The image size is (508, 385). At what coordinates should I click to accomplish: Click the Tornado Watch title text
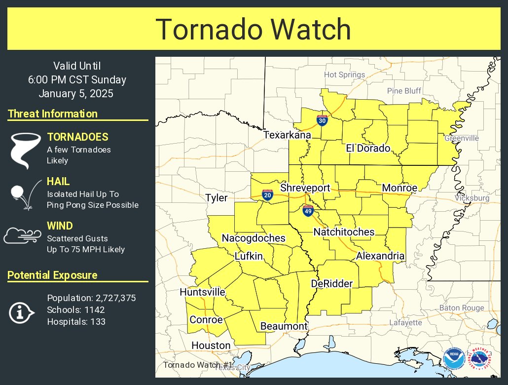click(x=254, y=29)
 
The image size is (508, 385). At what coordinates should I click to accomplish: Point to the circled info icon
click(x=21, y=312)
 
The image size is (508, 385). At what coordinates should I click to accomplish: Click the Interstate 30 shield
click(x=322, y=120)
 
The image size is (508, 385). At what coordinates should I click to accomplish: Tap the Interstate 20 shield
click(x=267, y=196)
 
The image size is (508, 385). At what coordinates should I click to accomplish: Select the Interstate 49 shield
click(x=308, y=211)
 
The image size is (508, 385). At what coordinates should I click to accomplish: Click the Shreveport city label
click(x=305, y=188)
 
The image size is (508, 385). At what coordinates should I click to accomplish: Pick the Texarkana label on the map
click(x=287, y=135)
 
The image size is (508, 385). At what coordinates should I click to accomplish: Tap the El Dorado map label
click(x=368, y=148)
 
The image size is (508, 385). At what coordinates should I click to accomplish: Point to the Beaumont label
click(x=284, y=326)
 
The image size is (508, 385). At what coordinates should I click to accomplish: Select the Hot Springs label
click(x=344, y=75)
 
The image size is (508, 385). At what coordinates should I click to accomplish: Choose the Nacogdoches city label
click(x=254, y=238)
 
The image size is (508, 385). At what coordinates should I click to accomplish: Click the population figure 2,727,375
click(x=114, y=298)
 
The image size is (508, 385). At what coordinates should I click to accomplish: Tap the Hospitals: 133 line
click(x=76, y=322)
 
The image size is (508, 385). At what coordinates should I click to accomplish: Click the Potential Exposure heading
click(x=52, y=275)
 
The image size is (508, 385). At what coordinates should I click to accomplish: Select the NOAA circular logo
click(x=453, y=359)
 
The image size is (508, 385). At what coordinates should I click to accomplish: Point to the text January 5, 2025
click(x=76, y=93)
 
